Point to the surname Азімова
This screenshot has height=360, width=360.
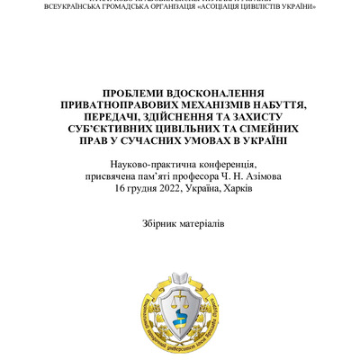[260, 175]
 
